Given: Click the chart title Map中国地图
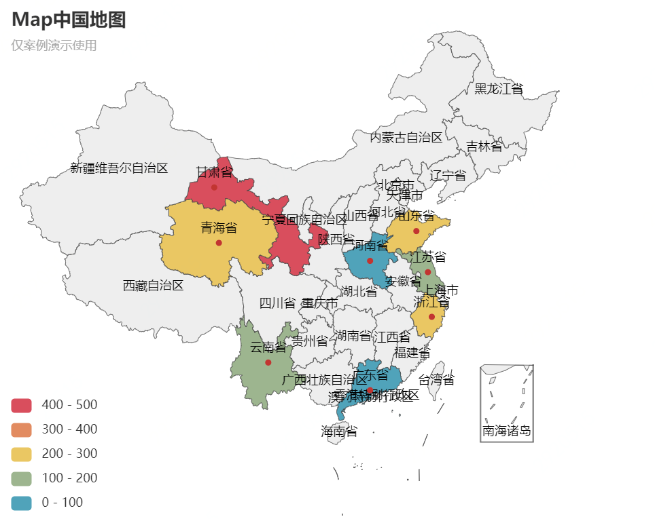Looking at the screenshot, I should click(69, 20).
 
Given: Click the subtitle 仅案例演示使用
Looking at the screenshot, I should click(54, 45).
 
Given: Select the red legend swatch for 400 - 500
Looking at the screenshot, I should click(22, 405).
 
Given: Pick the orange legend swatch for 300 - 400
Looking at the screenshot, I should click(22, 429).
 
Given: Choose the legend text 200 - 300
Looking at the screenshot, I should click(69, 454).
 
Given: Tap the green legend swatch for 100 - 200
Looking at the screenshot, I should click(22, 478).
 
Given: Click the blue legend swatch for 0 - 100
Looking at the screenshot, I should click(22, 503).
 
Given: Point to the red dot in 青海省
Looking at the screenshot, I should click(219, 243).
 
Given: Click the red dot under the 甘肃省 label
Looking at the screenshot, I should click(214, 187).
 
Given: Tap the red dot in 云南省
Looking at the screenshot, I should click(268, 362).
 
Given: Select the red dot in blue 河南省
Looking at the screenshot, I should click(370, 261).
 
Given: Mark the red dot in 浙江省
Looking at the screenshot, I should click(431, 317).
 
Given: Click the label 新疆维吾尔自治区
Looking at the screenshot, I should click(119, 168).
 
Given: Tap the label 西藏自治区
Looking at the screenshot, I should click(153, 286).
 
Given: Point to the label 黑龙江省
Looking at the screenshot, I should click(499, 89).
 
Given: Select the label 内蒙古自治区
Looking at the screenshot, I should click(406, 138).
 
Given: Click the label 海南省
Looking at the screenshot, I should click(338, 431).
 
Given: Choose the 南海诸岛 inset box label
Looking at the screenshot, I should click(506, 430).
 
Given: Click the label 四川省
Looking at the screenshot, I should click(277, 303).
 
